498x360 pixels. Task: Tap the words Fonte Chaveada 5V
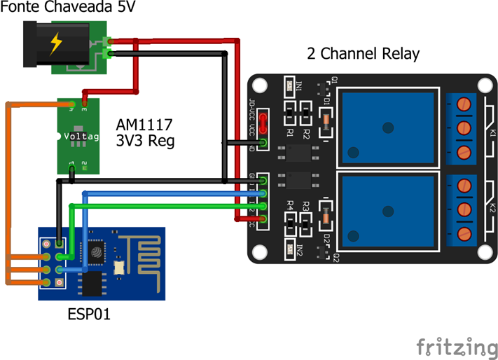tap(60, 8)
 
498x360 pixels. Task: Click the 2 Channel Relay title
tap(364, 54)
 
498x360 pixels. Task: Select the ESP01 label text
tap(89, 314)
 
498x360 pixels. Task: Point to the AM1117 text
tap(144, 125)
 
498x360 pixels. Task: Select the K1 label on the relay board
tap(492, 132)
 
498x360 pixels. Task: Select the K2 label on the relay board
tap(492, 208)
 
